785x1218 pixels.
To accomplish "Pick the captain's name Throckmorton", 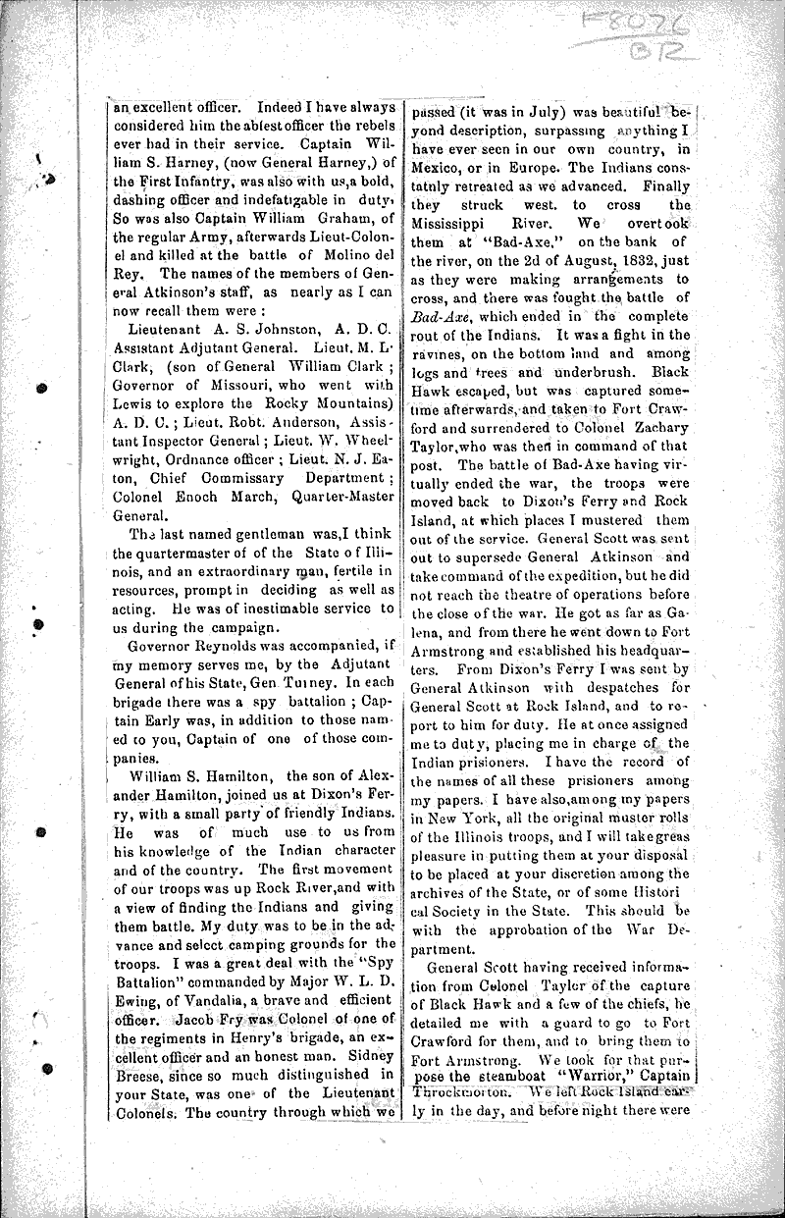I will (463, 1088).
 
